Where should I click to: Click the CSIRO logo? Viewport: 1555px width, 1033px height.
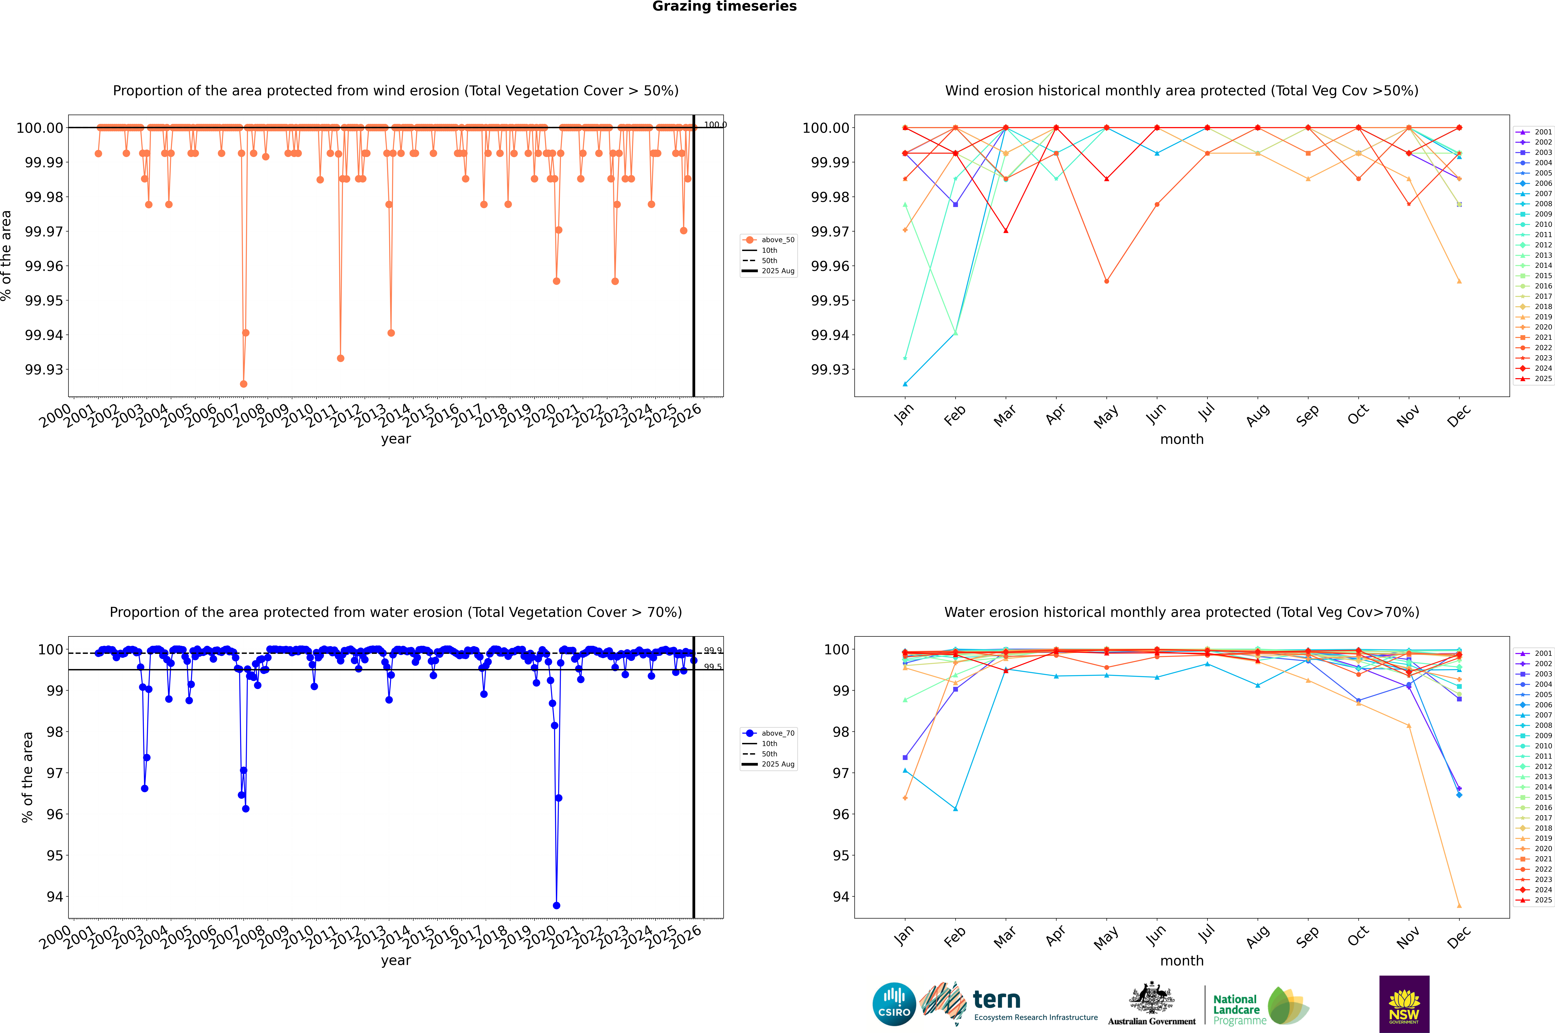point(894,1004)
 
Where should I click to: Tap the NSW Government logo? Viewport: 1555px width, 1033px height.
point(1404,1004)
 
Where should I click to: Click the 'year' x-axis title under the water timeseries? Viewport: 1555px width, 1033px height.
point(396,961)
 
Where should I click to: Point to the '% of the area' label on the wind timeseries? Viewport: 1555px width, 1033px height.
point(7,256)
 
